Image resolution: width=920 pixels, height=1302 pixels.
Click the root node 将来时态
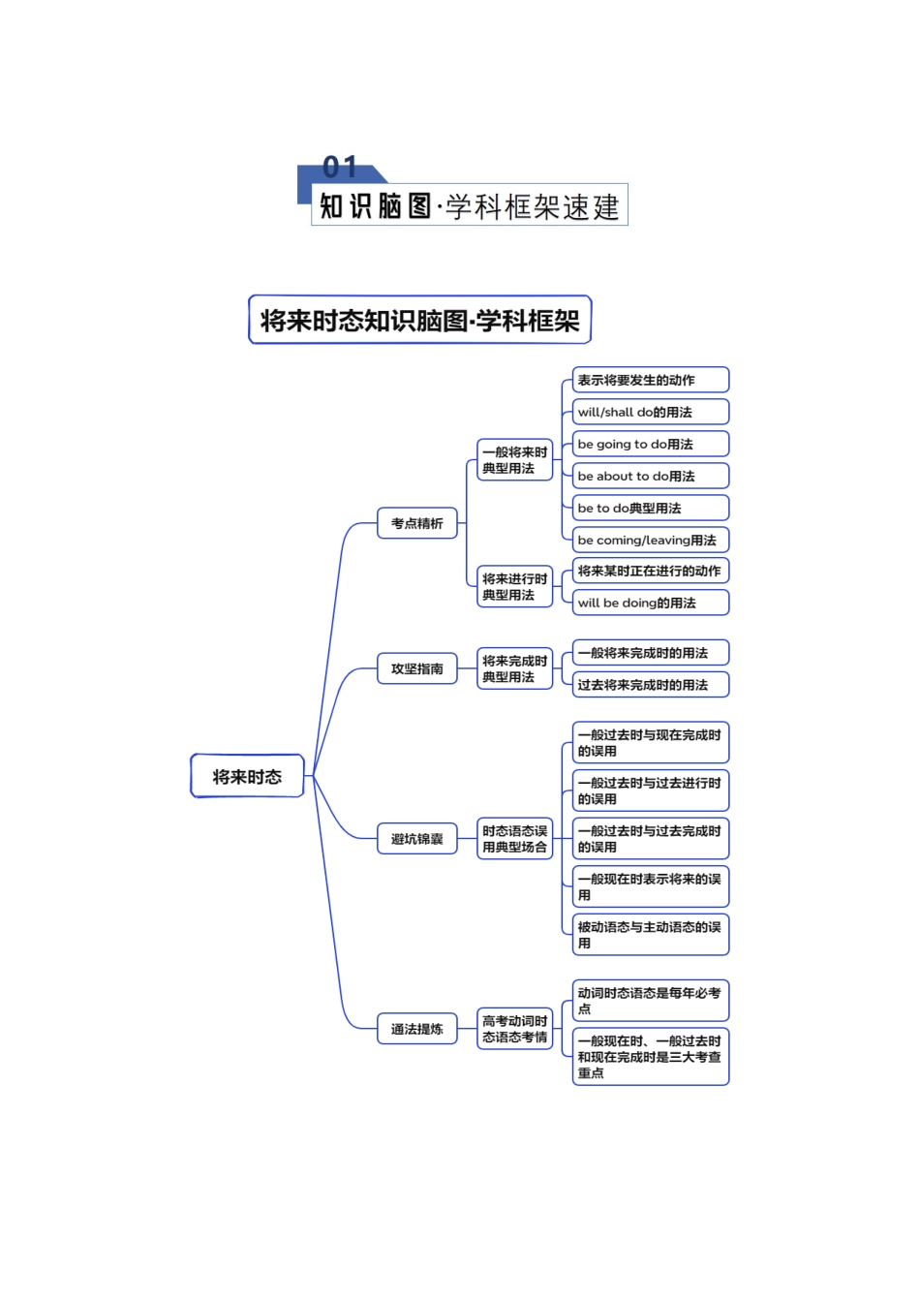[247, 776]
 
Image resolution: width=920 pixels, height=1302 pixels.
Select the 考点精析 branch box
[416, 523]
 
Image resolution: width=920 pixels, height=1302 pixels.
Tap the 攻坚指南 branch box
[416, 668]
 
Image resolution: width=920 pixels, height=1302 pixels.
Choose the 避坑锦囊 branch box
[416, 839]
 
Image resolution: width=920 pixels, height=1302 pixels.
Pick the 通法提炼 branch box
[416, 1029]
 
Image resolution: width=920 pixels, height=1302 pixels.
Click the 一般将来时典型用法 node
[514, 460]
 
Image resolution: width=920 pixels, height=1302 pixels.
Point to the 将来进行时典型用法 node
[514, 587]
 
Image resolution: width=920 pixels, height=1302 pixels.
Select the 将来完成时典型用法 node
[514, 668]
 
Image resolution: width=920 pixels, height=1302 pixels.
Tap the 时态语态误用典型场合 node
[514, 839]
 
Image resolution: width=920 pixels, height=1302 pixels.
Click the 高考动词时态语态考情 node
[514, 1029]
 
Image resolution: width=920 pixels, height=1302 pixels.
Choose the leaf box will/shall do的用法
[650, 412]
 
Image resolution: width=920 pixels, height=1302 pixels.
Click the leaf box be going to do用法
[650, 444]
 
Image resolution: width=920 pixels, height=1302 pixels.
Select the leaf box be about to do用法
[650, 476]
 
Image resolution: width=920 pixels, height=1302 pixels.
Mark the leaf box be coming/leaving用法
[650, 540]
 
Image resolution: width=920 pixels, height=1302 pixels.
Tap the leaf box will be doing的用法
[650, 603]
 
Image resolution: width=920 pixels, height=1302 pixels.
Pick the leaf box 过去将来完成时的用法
[650, 685]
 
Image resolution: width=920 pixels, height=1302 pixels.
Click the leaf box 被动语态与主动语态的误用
[650, 935]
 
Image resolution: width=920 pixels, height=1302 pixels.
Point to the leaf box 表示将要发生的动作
[650, 380]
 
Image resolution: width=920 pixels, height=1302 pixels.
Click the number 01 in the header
[340, 168]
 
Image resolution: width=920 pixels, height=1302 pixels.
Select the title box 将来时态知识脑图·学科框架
[419, 321]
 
